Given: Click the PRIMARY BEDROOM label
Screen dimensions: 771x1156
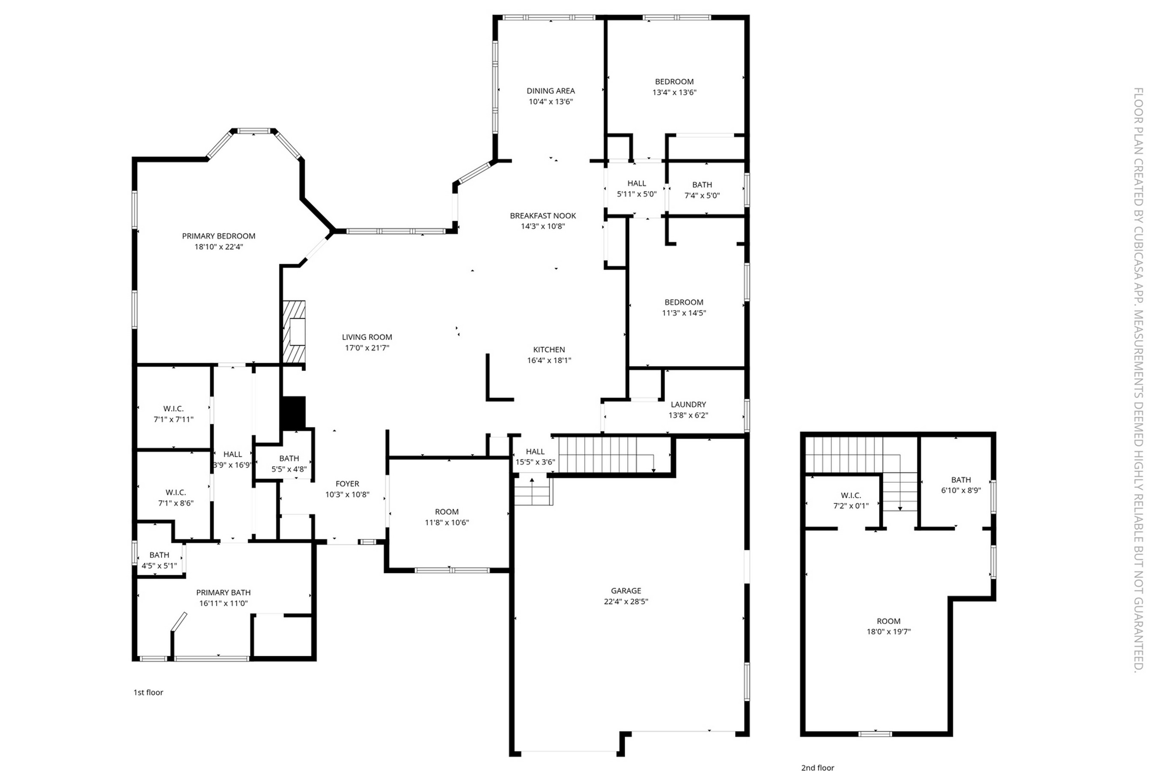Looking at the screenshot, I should pos(219,236).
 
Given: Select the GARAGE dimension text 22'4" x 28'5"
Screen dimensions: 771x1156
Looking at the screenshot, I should pos(626,601).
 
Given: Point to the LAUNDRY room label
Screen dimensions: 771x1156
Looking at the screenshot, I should pos(688,404).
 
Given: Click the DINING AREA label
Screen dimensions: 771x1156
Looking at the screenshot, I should pos(551,91).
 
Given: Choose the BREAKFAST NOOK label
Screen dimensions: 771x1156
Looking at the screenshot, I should pos(542,216).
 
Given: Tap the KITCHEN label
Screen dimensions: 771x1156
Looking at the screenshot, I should pos(549,350).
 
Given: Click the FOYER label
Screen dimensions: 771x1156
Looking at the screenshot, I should pos(348,484).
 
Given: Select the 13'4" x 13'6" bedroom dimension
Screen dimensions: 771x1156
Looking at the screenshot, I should pos(674,93).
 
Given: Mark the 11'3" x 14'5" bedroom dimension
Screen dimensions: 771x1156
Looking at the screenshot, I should pos(684,313).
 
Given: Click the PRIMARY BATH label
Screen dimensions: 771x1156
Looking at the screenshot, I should pos(223,592).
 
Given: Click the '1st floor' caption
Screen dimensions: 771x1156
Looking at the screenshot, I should pos(148,692).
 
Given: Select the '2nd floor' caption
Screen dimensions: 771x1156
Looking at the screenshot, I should pos(817,767).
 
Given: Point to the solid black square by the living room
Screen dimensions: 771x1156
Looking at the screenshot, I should pos(293,412).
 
